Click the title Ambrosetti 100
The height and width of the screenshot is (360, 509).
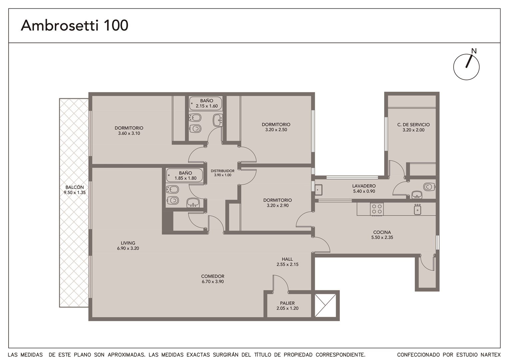click(x=75, y=25)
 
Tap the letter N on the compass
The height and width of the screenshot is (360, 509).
click(x=474, y=51)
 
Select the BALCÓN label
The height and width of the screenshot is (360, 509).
click(x=75, y=187)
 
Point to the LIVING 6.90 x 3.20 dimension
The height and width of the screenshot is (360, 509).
click(x=128, y=248)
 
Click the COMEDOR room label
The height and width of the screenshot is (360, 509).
click(x=213, y=276)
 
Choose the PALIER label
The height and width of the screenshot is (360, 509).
click(x=287, y=303)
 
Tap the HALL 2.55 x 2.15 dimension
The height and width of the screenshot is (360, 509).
click(x=287, y=264)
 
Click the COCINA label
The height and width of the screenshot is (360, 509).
click(x=382, y=232)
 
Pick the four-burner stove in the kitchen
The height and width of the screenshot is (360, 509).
click(x=377, y=209)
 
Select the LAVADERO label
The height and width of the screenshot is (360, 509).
click(x=364, y=186)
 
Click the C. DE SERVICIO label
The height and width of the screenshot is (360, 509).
click(x=413, y=125)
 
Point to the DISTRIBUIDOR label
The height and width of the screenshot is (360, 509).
click(x=223, y=171)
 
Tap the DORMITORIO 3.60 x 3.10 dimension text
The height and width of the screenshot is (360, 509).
click(x=129, y=133)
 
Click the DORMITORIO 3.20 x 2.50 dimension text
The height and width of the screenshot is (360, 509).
click(x=276, y=130)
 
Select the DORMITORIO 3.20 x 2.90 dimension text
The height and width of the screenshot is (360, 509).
click(x=277, y=206)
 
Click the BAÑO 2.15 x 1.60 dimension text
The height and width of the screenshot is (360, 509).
click(x=207, y=106)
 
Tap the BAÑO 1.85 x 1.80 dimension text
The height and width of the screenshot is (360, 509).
click(x=186, y=178)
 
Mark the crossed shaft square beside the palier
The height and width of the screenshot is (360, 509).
click(x=325, y=305)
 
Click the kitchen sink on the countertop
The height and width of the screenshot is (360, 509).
click(x=417, y=209)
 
